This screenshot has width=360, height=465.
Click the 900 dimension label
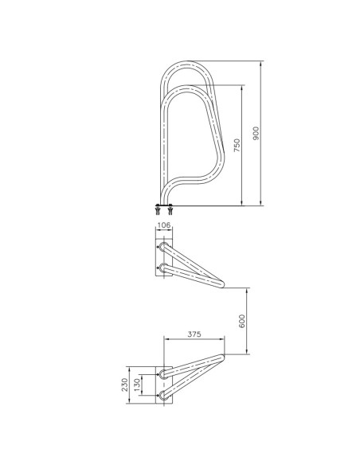click(x=256, y=134)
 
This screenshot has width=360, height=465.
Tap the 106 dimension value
click(x=164, y=225)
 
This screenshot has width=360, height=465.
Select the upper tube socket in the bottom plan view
click(x=164, y=372)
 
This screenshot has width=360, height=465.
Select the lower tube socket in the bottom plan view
click(x=164, y=393)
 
